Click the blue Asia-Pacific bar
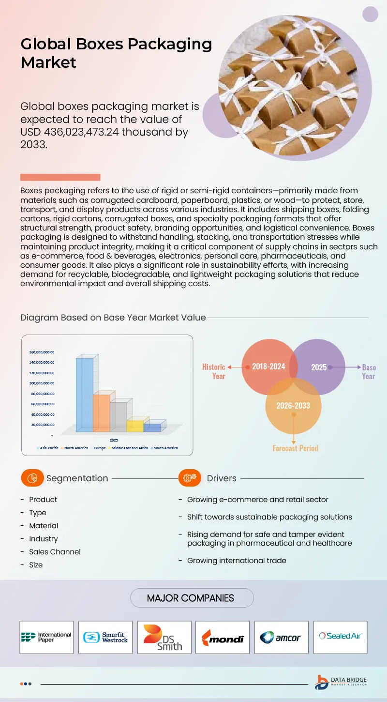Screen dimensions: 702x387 pos(85,395)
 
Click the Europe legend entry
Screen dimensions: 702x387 pos(100,448)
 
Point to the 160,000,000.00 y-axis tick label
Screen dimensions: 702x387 pos(42,352)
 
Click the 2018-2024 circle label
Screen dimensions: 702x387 pos(268,366)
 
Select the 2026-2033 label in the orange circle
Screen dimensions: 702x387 pos(293,405)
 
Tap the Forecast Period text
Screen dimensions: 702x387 pos(295,448)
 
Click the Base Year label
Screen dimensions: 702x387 pos(369,372)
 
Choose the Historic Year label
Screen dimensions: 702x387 pos(214,371)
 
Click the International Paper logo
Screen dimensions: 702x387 pos(46,637)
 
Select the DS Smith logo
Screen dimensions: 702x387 pos(164,637)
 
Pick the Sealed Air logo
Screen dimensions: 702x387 pos(340,636)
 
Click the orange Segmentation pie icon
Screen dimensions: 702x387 pos(32,478)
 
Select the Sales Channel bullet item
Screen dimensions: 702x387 pos(55,552)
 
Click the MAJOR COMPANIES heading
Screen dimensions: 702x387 pos(192,598)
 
